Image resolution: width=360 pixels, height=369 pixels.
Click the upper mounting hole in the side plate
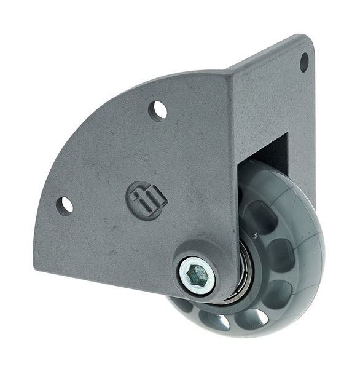[x=158, y=110]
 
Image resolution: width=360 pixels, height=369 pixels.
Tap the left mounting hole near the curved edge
[x=65, y=205]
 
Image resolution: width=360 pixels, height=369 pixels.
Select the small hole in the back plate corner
[x=304, y=61]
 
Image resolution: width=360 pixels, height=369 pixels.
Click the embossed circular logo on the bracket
[x=147, y=200]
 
